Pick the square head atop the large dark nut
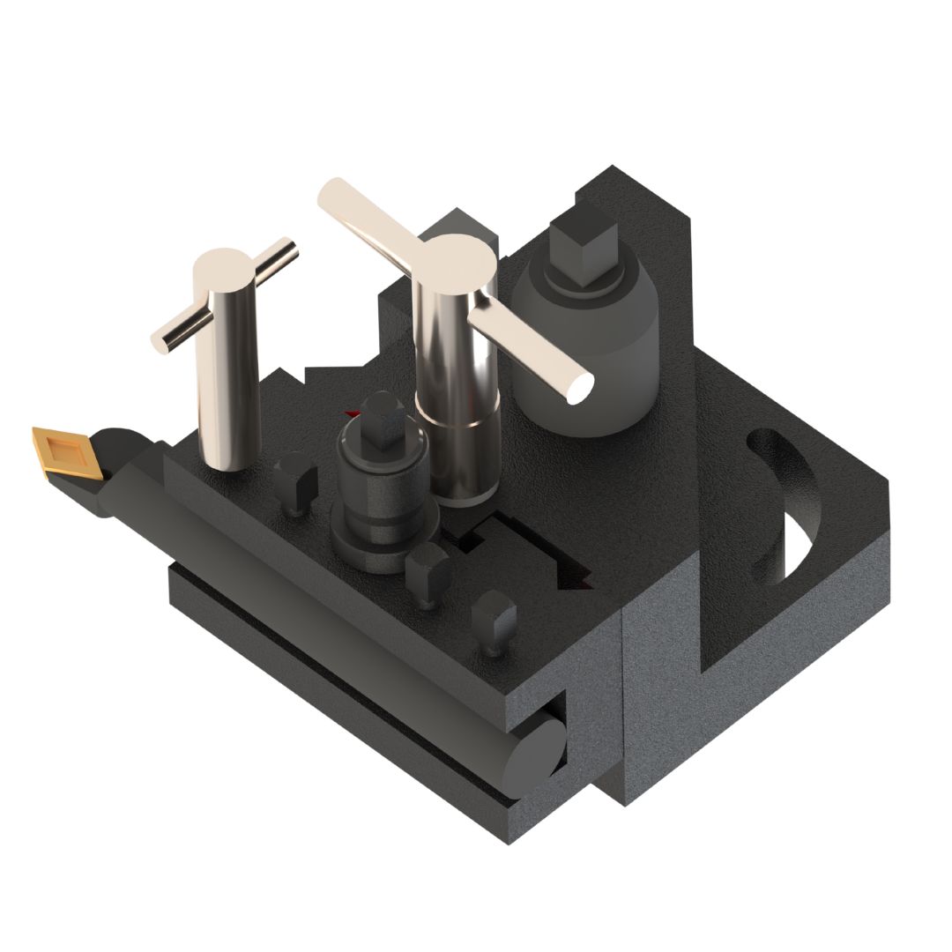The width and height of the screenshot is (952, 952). [577, 238]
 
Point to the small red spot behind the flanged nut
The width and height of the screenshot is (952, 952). [353, 413]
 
